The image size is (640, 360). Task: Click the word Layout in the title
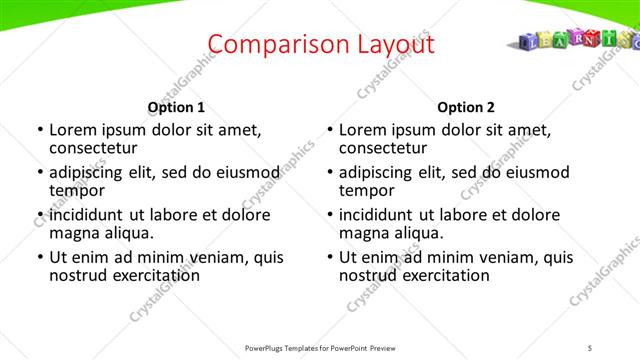pos(396,44)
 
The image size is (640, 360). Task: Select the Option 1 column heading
pos(176,107)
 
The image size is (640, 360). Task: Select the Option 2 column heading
pos(466,107)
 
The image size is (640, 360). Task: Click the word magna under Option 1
pos(74,233)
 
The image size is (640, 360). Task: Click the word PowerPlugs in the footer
pos(269,347)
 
